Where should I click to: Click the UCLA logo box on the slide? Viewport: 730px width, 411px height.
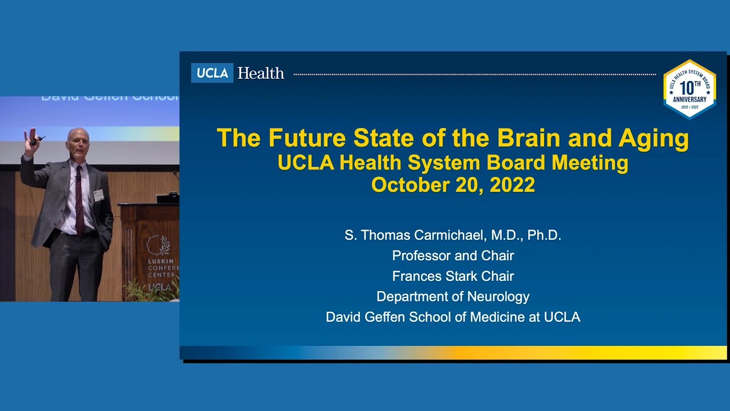click(212, 73)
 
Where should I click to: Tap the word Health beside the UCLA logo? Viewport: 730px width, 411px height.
click(261, 73)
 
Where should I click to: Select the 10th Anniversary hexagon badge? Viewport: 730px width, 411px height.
click(690, 89)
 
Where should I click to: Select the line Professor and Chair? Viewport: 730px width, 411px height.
click(453, 256)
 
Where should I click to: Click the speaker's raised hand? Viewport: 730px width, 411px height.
click(30, 138)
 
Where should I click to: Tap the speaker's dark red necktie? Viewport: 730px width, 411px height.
click(79, 200)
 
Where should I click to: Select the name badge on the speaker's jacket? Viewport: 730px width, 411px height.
click(99, 195)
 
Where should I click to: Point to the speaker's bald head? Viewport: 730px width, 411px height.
click(78, 137)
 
